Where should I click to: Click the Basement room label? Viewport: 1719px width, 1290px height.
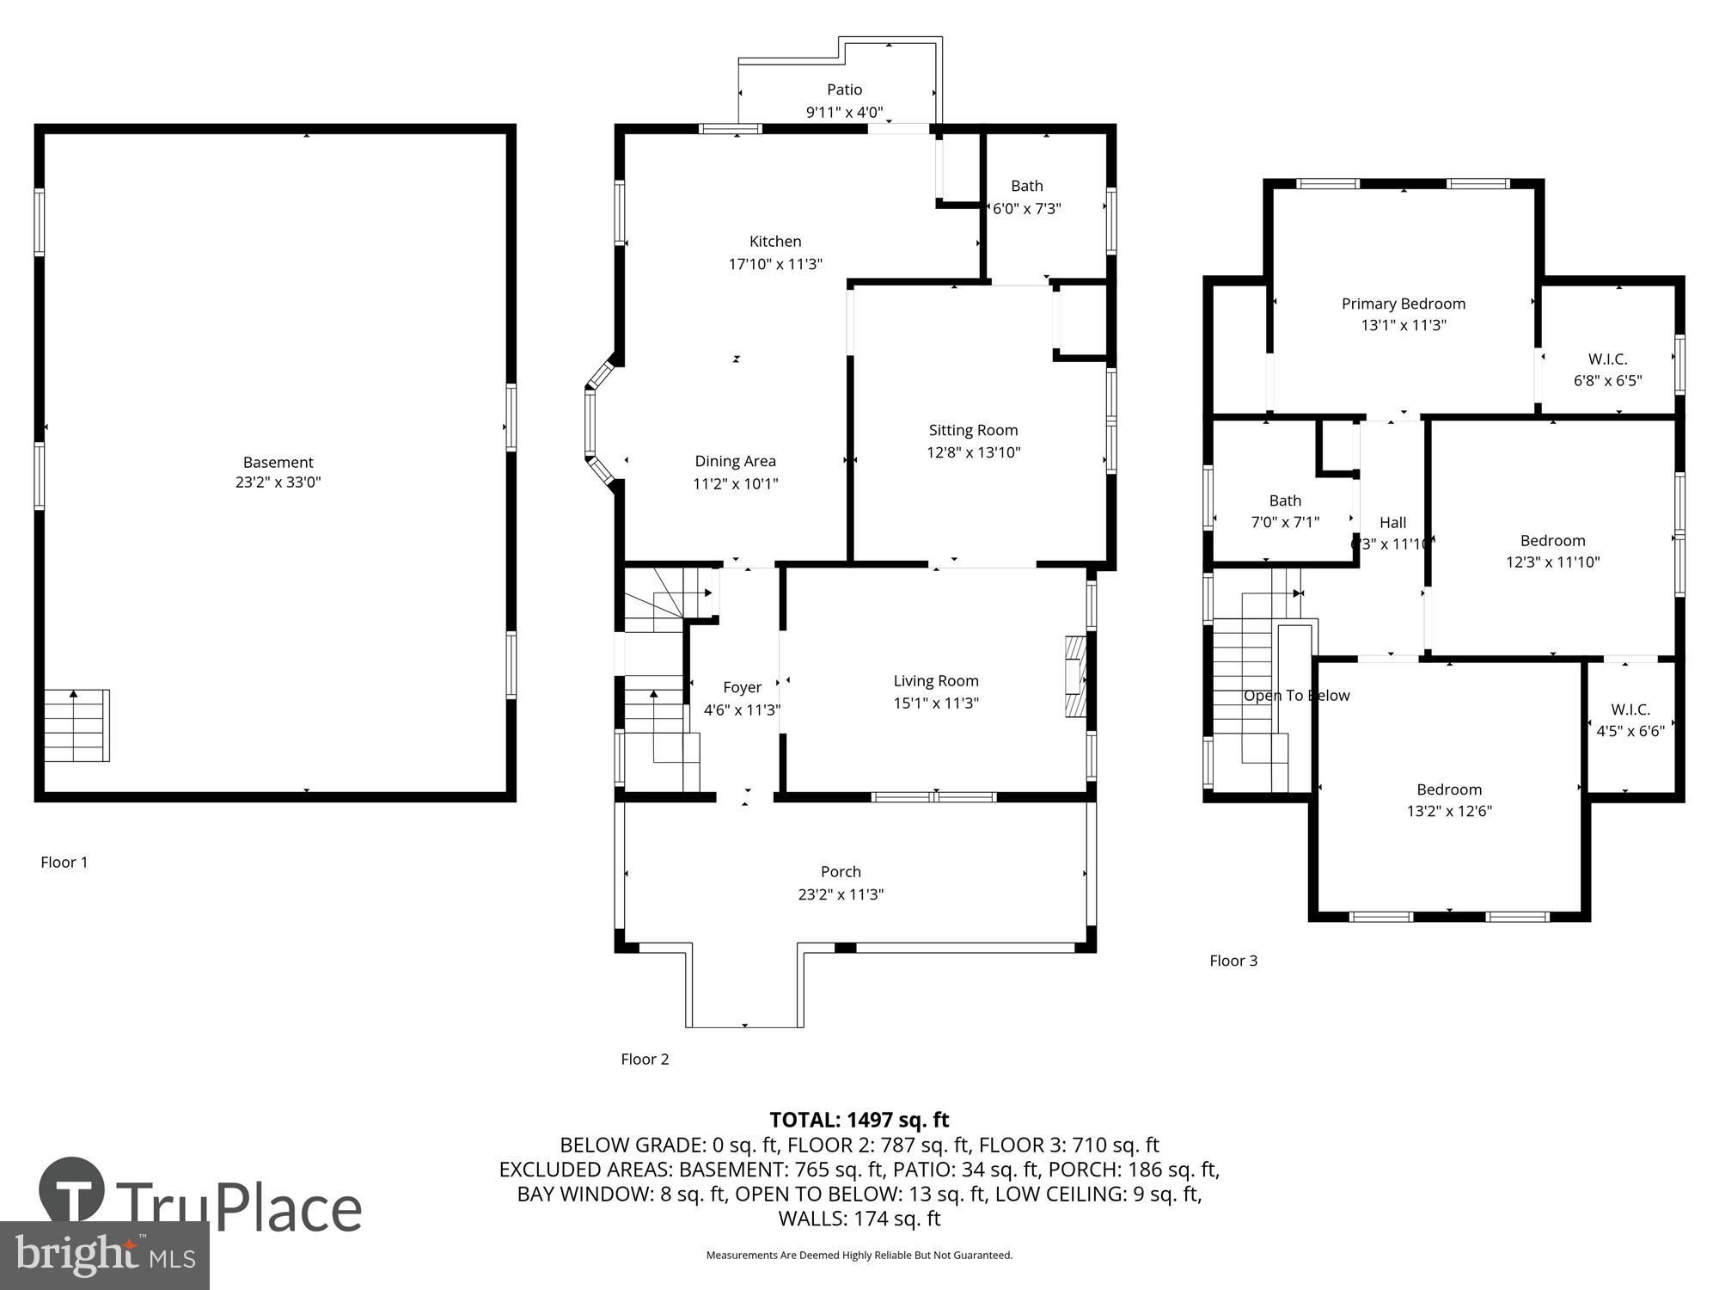tap(278, 462)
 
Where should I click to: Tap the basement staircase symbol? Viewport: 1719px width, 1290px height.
tap(77, 725)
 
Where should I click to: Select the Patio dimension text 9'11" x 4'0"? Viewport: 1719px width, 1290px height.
tap(844, 112)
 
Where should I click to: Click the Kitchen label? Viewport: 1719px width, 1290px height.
tap(775, 242)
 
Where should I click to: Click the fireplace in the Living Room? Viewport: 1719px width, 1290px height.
tap(1075, 677)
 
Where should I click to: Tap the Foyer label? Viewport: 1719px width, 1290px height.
tap(742, 687)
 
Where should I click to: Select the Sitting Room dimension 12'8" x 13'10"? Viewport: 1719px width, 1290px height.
tap(973, 452)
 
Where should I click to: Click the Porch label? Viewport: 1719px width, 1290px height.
tap(841, 872)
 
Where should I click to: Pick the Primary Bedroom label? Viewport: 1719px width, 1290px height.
tap(1403, 304)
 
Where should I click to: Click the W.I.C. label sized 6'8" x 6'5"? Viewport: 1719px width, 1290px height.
tap(1607, 359)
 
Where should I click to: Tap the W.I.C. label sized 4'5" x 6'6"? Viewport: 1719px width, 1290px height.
tap(1630, 709)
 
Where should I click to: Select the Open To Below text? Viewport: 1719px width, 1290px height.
tap(1296, 696)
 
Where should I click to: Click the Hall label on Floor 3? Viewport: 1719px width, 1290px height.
tap(1392, 522)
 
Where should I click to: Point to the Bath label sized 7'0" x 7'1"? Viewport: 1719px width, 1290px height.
tap(1285, 501)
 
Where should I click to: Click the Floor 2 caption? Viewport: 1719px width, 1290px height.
tap(645, 1059)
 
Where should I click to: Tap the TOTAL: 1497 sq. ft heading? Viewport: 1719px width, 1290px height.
tap(859, 1120)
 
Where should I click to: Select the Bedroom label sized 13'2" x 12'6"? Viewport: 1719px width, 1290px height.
tap(1449, 789)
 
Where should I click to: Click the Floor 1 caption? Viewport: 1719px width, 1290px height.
tap(64, 862)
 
